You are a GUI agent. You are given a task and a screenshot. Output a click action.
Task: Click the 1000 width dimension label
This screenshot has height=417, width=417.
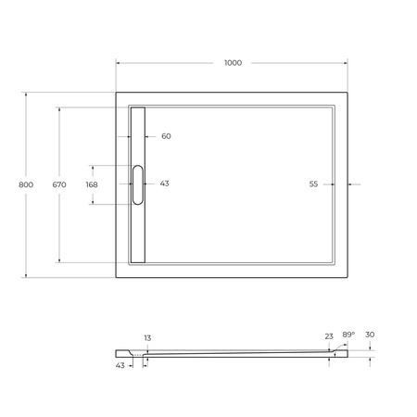[233, 63]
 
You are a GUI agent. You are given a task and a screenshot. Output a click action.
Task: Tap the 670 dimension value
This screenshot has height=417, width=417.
[59, 185]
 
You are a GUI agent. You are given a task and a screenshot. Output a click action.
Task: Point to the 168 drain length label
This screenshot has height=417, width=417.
[91, 184]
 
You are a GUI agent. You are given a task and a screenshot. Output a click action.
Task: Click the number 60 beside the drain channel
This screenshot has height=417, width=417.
[166, 136]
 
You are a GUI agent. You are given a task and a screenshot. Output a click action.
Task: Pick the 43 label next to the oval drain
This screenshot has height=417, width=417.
[164, 183]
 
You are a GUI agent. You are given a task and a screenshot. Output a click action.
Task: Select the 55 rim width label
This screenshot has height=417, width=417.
[313, 184]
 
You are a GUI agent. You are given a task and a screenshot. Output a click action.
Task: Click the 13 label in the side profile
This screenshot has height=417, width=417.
[146, 338]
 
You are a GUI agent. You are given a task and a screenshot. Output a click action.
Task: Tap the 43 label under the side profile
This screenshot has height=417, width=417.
[120, 365]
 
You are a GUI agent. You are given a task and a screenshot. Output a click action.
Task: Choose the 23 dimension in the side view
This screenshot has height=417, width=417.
[329, 337]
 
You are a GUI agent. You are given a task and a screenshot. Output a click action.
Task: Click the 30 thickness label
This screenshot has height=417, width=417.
[371, 337]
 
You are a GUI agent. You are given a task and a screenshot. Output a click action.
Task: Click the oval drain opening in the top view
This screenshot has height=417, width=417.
[138, 183]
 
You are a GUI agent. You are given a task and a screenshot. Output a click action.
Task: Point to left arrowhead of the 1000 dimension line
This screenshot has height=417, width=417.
[118, 63]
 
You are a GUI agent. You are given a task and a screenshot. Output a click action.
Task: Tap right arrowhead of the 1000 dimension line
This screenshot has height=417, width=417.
[347, 63]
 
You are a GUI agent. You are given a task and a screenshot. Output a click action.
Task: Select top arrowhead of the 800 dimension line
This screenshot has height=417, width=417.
[26, 93]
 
